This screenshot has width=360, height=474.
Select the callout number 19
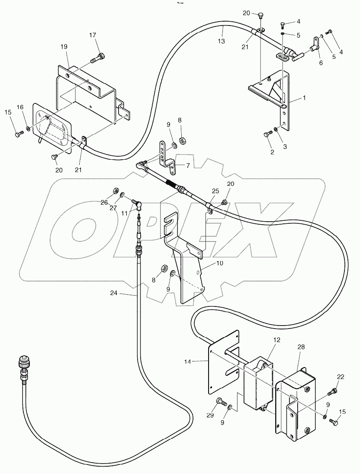pyautogui.click(x=64, y=46)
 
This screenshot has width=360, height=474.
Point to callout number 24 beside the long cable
pyautogui.click(x=113, y=293)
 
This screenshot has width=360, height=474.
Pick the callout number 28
pyautogui.click(x=301, y=347)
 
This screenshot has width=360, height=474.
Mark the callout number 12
pyautogui.click(x=276, y=340)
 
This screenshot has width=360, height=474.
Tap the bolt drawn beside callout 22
pyautogui.click(x=333, y=392)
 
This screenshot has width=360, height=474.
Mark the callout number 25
pyautogui.click(x=215, y=191)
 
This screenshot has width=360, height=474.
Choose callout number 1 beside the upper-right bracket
pyautogui.click(x=304, y=98)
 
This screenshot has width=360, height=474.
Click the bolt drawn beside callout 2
pyautogui.click(x=266, y=135)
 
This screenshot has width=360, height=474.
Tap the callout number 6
pyautogui.click(x=321, y=63)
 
